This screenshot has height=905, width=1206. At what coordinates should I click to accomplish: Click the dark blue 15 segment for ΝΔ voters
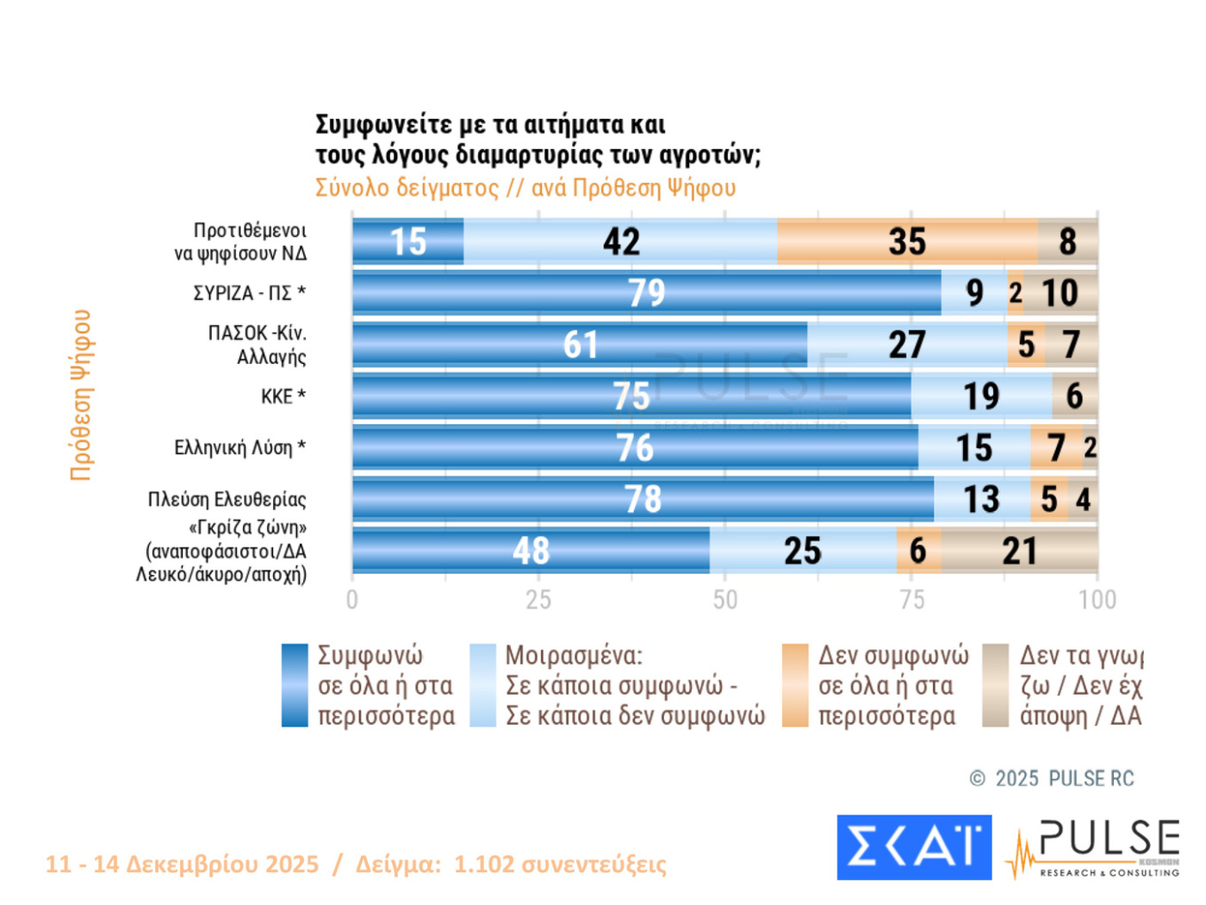tap(408, 241)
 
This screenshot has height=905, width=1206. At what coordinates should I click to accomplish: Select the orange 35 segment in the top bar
tap(907, 241)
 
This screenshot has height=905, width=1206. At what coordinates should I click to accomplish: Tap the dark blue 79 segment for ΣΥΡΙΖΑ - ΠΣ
tap(646, 293)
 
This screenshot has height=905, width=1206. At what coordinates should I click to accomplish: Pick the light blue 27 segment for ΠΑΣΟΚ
tap(906, 344)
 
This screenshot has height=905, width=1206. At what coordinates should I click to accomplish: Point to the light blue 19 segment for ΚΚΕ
tap(981, 396)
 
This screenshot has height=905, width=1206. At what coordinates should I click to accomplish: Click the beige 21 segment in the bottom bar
tap(1020, 551)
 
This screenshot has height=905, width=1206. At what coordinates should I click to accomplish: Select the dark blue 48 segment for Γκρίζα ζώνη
tap(530, 551)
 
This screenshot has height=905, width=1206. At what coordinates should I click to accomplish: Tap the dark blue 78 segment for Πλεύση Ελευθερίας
tap(643, 500)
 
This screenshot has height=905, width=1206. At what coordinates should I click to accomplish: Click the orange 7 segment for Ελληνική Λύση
tap(1055, 448)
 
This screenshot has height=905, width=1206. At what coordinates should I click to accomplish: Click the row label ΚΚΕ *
tap(283, 397)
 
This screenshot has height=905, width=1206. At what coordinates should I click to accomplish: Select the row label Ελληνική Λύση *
tap(239, 447)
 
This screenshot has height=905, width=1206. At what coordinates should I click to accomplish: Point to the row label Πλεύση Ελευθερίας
tap(227, 500)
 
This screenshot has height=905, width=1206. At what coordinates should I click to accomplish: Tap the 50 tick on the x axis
tap(724, 601)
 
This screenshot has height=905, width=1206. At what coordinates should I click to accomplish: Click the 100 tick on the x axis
tap(1097, 601)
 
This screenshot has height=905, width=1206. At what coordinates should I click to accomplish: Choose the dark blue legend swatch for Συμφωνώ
tap(294, 685)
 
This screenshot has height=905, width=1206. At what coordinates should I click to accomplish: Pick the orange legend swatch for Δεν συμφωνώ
tap(795, 685)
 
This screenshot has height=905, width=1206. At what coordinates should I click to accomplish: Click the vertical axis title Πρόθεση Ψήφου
tap(81, 395)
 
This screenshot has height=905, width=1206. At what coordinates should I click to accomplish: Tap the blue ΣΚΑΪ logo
tap(913, 847)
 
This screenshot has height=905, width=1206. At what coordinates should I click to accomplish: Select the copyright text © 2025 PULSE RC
tap(1052, 779)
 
